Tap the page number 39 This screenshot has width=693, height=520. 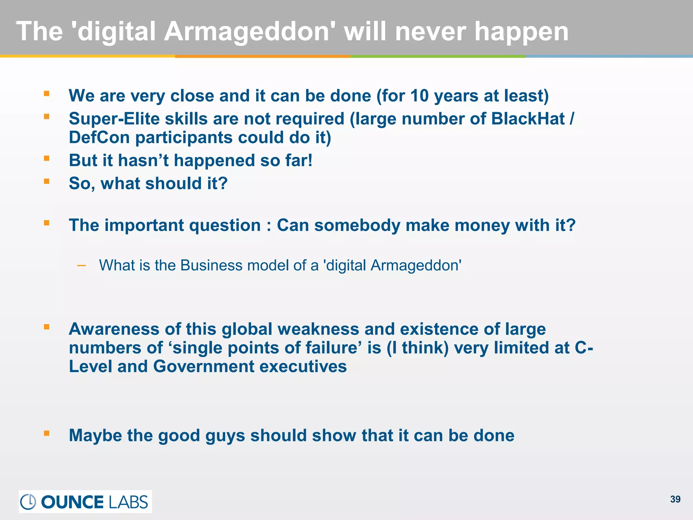(x=675, y=499)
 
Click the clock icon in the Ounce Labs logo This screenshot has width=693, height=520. (x=28, y=502)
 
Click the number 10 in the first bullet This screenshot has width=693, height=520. (x=419, y=96)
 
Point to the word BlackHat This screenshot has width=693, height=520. (x=528, y=119)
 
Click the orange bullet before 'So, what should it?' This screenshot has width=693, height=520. (x=47, y=181)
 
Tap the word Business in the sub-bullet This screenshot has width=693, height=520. (x=211, y=265)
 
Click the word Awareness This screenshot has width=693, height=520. (x=114, y=329)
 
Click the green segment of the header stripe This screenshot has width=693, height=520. (x=438, y=56)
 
